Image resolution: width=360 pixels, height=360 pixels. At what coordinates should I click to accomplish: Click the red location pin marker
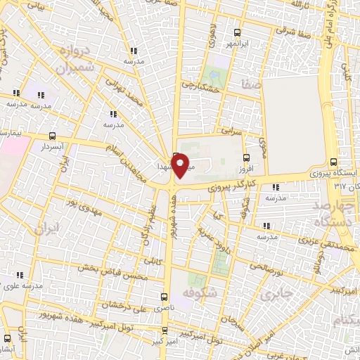click(180, 165)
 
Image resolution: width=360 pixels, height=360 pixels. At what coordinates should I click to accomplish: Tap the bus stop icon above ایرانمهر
click(236, 32)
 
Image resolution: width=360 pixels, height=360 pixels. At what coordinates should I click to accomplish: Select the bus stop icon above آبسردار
click(53, 136)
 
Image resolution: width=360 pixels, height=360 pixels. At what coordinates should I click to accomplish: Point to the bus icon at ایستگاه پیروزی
click(342, 162)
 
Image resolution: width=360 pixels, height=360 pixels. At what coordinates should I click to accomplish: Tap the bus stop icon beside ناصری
click(164, 297)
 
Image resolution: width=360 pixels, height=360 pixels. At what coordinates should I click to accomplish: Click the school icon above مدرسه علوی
click(20, 275)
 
